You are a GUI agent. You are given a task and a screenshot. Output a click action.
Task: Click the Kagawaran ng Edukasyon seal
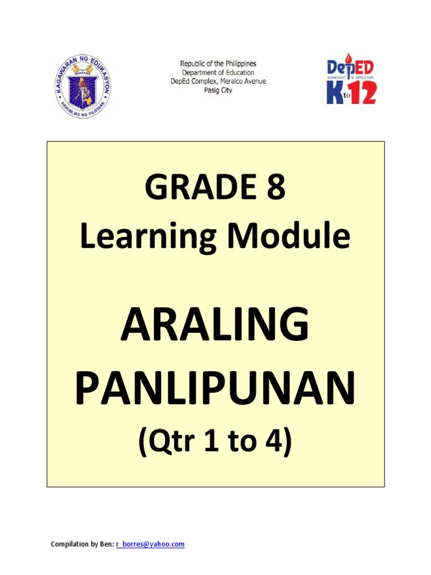point(82,86)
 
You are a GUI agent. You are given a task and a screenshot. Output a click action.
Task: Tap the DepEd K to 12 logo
point(351,79)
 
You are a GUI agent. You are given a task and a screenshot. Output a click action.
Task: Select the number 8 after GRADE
point(276,186)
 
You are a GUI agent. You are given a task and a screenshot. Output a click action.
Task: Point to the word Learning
point(148,236)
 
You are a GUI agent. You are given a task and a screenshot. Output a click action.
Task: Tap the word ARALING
point(215,324)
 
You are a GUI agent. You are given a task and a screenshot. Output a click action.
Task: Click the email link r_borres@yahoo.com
point(150,544)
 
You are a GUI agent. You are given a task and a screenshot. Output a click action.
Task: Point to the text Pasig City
point(218,90)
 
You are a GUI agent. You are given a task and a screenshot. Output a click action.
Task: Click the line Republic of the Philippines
point(218,63)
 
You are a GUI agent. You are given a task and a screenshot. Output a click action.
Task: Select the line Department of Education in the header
point(218,72)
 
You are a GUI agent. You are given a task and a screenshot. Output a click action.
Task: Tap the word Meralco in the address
point(231,81)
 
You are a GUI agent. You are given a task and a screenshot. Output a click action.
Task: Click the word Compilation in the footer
point(70,544)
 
